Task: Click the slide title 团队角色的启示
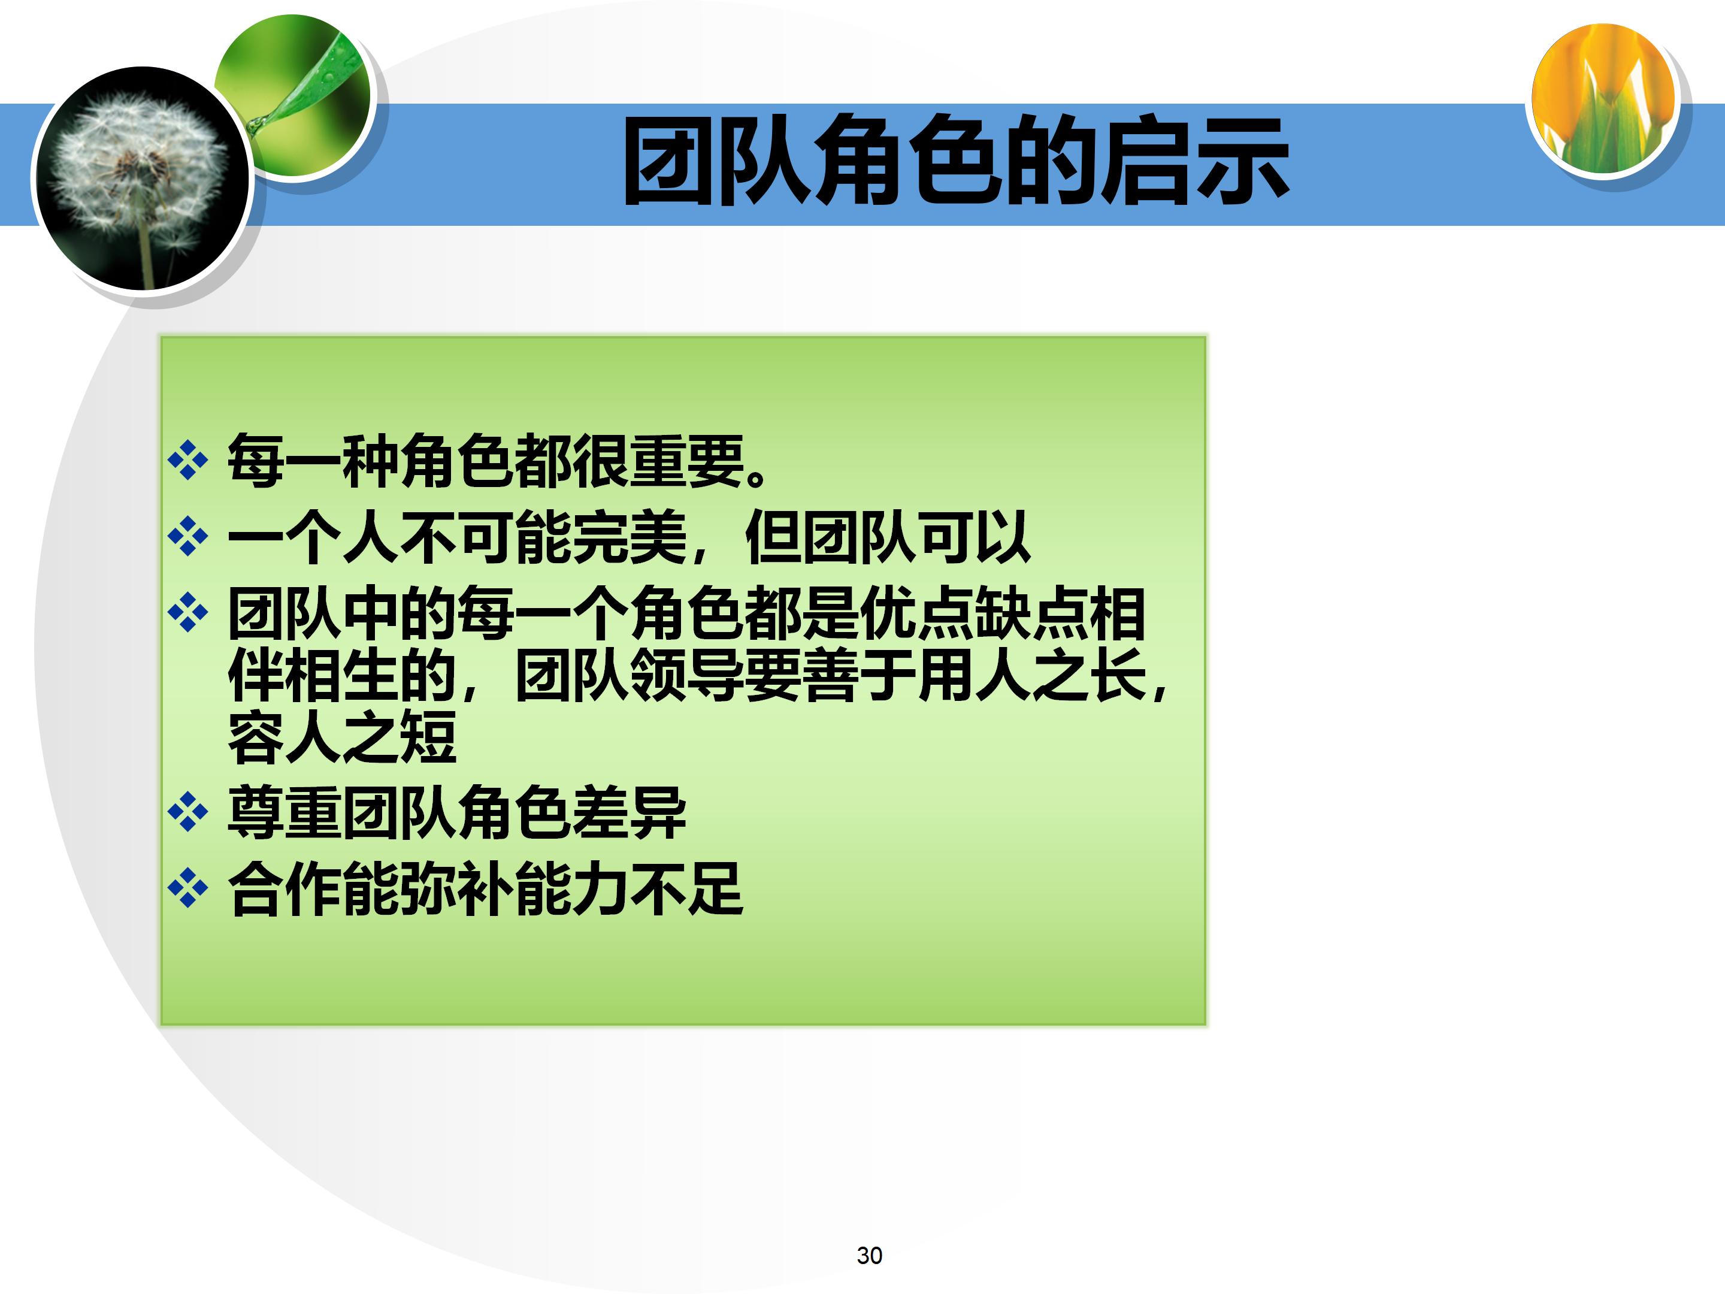955,162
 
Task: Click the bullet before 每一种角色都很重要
188,460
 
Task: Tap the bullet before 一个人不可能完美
188,537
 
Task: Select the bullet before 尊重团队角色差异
188,813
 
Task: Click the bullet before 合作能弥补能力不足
188,888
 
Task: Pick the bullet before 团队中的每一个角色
188,612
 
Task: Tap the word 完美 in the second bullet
628,537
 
